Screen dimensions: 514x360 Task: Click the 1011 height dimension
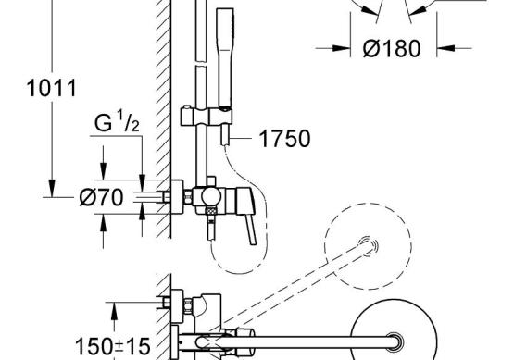pyautogui.click(x=52, y=88)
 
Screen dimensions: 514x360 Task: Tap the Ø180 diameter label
pyautogui.click(x=392, y=49)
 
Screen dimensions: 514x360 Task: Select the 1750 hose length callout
pyautogui.click(x=284, y=139)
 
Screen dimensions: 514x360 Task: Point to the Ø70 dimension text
pyautogui.click(x=102, y=197)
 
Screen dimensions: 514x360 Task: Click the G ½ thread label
pyautogui.click(x=117, y=121)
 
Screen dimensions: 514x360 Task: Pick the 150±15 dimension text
pyautogui.click(x=112, y=346)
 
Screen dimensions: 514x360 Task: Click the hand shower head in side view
pyautogui.click(x=225, y=58)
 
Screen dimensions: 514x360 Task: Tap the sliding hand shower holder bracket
pyautogui.click(x=207, y=116)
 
